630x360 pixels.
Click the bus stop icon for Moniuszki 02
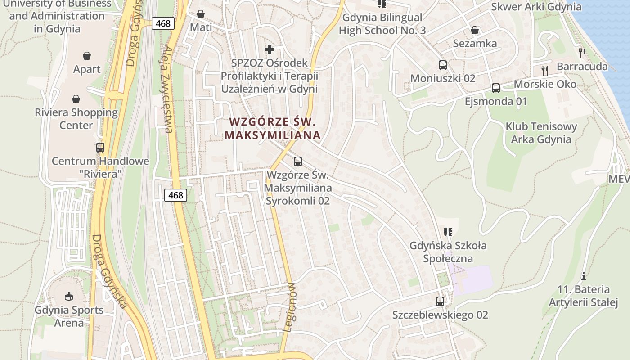443,65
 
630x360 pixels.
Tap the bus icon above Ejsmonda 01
496,88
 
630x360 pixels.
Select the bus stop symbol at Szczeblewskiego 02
440,301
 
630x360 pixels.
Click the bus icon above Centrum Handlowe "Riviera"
100,147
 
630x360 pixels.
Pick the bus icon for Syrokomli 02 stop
297,161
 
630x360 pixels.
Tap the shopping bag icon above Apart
87,56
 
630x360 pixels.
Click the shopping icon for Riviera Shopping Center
76,99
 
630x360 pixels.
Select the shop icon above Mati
201,14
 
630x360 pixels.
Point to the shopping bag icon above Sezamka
475,30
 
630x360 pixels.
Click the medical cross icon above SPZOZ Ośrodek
269,49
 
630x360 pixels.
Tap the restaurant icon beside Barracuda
583,53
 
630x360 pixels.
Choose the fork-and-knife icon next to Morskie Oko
545,70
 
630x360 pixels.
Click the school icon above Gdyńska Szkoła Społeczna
448,232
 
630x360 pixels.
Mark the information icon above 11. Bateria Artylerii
584,275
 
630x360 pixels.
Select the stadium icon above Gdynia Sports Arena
69,296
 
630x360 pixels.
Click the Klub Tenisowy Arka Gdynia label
541,133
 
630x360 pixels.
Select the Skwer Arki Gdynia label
536,7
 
